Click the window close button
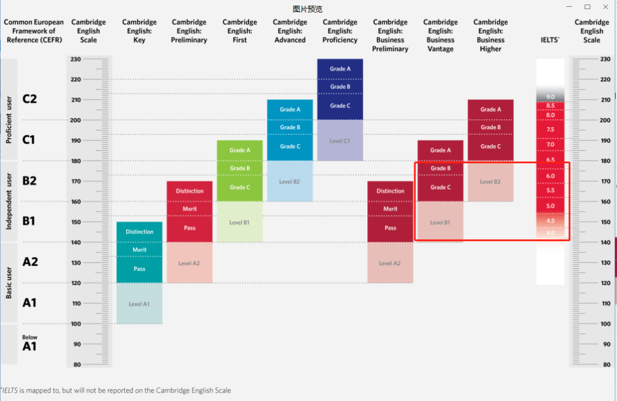click(x=606, y=7)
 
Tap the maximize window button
click(x=587, y=7)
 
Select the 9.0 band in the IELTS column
click(x=550, y=97)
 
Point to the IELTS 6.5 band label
click(x=550, y=160)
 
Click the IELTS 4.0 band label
click(x=550, y=233)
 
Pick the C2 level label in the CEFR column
click(x=30, y=99)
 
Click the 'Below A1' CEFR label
click(x=29, y=344)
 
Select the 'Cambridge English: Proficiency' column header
click(x=340, y=31)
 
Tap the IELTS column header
click(x=550, y=40)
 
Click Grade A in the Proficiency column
click(x=340, y=69)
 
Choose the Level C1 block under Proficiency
click(x=340, y=141)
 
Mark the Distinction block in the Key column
click(x=139, y=231)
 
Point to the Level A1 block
click(x=139, y=304)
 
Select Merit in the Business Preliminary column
click(x=390, y=209)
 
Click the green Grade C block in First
click(x=240, y=187)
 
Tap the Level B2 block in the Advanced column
click(x=290, y=182)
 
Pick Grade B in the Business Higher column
click(x=490, y=127)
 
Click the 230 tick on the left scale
click(x=76, y=59)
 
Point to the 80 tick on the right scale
click(x=606, y=364)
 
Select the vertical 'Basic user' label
click(x=9, y=283)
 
